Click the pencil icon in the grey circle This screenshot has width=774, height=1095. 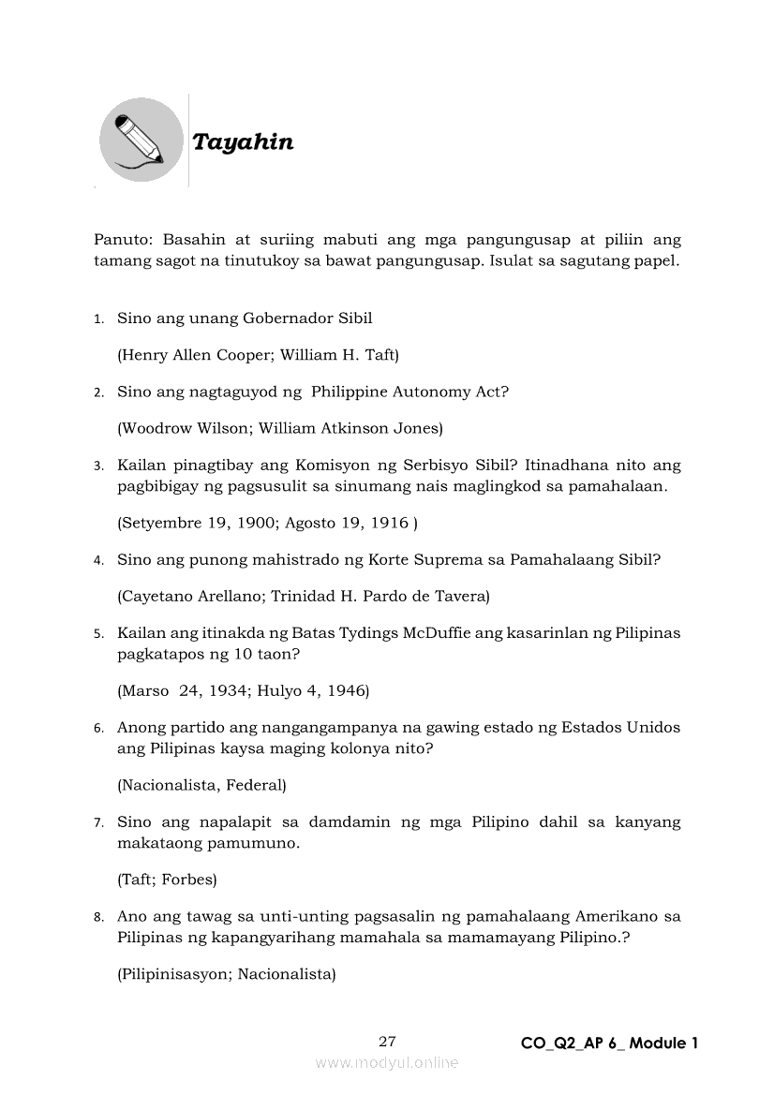(x=141, y=141)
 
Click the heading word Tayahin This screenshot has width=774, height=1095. (x=243, y=142)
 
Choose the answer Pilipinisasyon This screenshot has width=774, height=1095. (x=175, y=974)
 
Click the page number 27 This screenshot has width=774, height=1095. (x=388, y=1042)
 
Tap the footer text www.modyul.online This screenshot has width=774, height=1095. (x=387, y=1063)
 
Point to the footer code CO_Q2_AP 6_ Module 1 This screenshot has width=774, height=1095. (x=610, y=1043)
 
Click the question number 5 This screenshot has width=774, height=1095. (x=98, y=634)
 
